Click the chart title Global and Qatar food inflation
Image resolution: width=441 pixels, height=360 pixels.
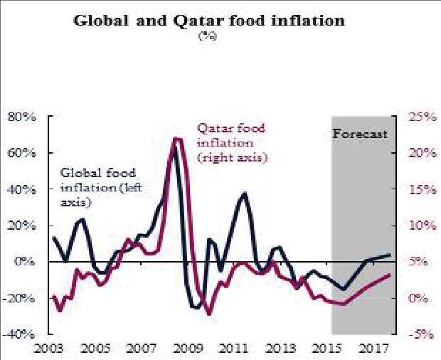[x=209, y=20]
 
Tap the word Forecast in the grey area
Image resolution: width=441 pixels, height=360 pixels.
[x=361, y=134]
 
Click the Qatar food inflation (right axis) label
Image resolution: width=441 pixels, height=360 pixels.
[x=232, y=142]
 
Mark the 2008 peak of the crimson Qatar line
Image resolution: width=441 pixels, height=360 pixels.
[x=176, y=139]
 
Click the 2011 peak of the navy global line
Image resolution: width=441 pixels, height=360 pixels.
[x=244, y=193]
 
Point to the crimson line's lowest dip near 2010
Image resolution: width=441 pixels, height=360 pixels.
[x=209, y=314]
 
